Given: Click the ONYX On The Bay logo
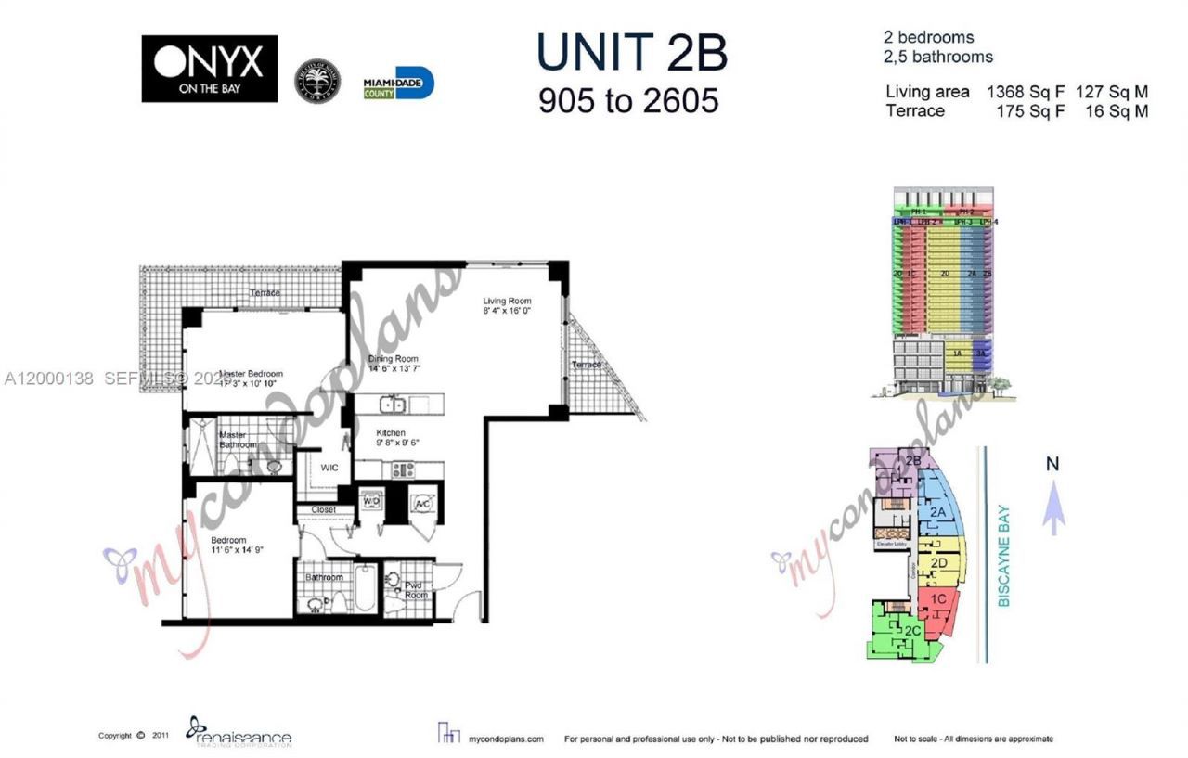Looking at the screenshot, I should click(209, 69).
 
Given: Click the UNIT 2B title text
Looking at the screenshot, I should click(632, 54).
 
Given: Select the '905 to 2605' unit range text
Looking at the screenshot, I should click(628, 99).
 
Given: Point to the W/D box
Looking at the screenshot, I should click(370, 503).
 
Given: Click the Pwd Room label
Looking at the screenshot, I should click(416, 589).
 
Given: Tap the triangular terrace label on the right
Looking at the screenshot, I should click(587, 365).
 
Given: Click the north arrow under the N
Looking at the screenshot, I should click(1052, 511).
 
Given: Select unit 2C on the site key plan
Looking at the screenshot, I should click(911, 632).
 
